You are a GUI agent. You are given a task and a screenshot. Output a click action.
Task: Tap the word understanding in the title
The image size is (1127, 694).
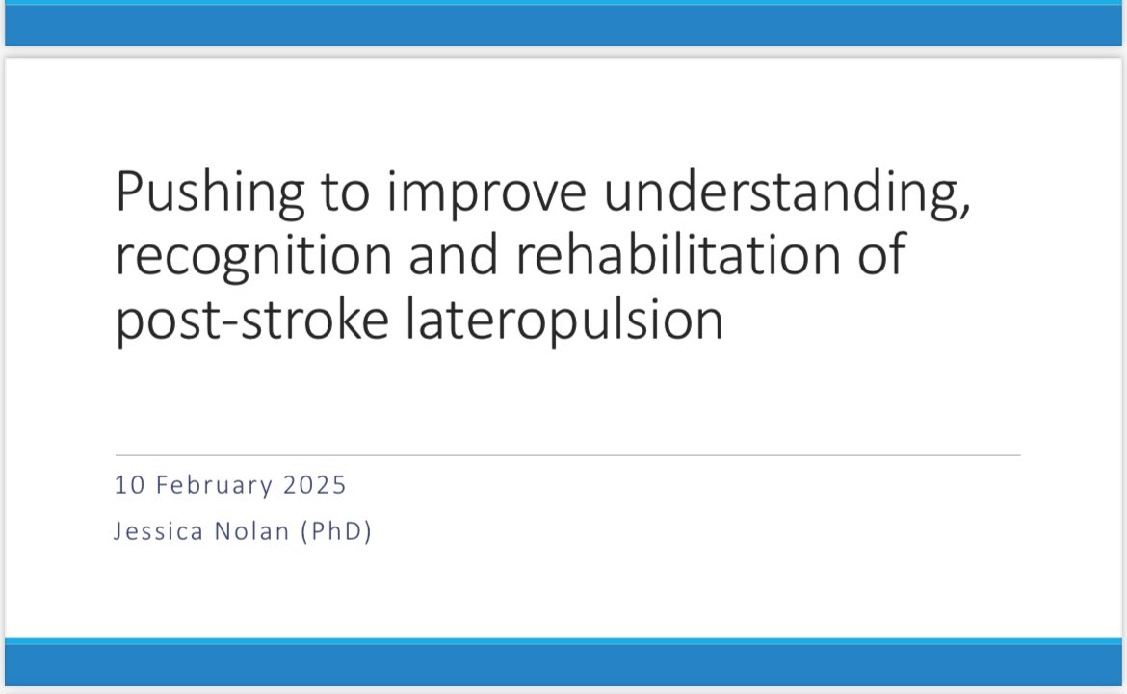[x=775, y=193]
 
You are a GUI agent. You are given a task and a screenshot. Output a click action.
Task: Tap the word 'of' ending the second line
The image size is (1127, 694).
[x=882, y=256]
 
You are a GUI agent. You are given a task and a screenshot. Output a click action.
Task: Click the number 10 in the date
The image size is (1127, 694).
[x=125, y=485]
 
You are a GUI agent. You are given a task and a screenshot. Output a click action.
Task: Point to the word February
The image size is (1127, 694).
[x=211, y=485]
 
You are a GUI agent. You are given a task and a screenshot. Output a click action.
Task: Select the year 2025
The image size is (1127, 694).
[x=314, y=485]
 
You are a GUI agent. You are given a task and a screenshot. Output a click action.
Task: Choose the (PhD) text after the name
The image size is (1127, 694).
[x=335, y=531]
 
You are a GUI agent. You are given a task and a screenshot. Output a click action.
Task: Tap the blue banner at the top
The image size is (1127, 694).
[x=563, y=27]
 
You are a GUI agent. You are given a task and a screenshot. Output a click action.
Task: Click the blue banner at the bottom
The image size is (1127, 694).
[x=563, y=664]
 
